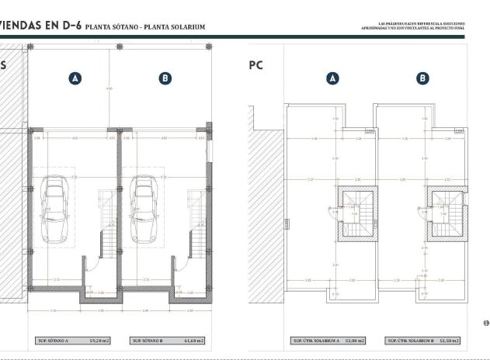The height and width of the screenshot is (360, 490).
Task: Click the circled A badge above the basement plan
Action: click(75, 78)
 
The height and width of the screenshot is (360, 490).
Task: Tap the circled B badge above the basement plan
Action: click(165, 78)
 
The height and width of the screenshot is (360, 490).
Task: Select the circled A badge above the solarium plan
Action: click(332, 78)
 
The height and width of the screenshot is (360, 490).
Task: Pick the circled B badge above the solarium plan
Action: click(422, 78)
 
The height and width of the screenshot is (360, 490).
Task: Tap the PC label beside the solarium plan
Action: click(256, 66)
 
